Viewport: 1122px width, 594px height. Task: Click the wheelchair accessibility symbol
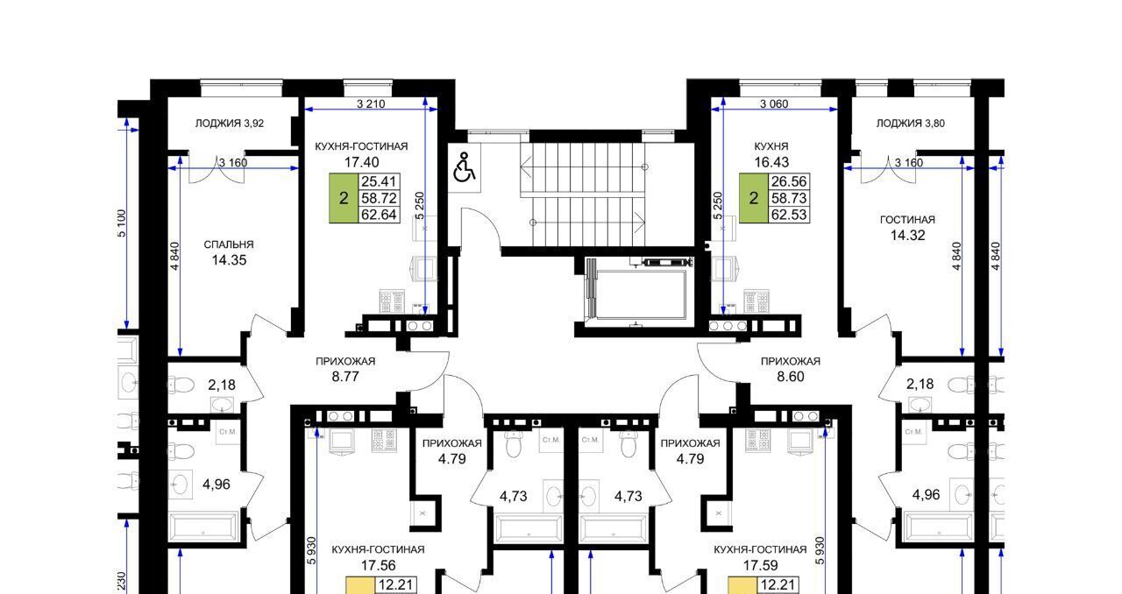(x=464, y=167)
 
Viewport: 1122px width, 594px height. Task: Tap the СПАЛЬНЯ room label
(x=229, y=244)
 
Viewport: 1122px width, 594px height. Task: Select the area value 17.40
(x=362, y=162)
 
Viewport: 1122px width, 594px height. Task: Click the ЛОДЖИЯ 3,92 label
(x=230, y=124)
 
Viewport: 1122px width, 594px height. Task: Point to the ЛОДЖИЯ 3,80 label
(x=910, y=124)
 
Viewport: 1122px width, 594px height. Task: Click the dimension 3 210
(x=371, y=103)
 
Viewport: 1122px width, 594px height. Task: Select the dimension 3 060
(x=774, y=103)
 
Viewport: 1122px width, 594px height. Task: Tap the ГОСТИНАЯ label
(x=907, y=219)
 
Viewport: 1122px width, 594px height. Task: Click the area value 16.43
(x=771, y=162)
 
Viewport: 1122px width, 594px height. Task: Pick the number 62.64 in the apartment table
(x=380, y=215)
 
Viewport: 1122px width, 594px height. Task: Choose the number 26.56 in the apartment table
(x=789, y=181)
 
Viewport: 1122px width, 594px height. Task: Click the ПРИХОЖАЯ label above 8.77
(x=345, y=361)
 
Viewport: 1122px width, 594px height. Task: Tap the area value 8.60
(x=791, y=377)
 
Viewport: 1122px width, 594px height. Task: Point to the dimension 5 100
(x=122, y=223)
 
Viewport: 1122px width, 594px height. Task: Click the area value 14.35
(x=229, y=260)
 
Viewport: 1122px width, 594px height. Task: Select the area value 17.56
(x=378, y=565)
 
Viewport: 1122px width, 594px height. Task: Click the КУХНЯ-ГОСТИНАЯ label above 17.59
(x=760, y=549)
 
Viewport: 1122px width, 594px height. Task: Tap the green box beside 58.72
(x=344, y=198)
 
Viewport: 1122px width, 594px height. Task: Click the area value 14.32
(x=907, y=235)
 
